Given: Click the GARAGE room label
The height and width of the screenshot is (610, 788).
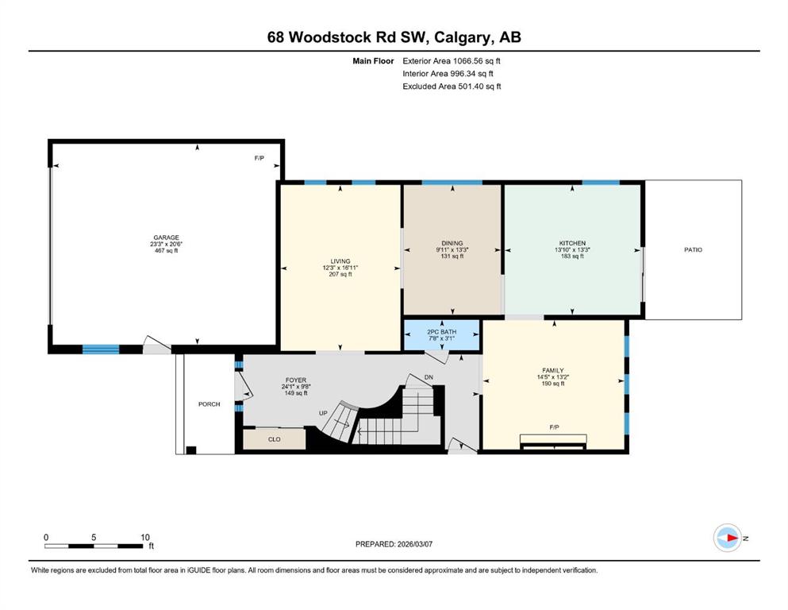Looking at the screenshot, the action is (167, 237).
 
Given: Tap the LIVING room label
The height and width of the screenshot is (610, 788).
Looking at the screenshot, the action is (340, 261).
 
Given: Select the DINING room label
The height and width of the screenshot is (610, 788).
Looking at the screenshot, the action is (452, 243).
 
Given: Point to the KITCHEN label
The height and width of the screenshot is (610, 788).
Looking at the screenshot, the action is (572, 243).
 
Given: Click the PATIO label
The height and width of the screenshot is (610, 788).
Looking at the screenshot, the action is (693, 249).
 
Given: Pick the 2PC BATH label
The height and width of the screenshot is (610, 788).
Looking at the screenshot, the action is (442, 332).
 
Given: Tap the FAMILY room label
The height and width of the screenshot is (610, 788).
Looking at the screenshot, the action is (553, 370).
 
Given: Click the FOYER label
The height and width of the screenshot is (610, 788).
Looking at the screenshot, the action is (296, 380).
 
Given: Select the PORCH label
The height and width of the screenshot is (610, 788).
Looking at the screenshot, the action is (209, 403).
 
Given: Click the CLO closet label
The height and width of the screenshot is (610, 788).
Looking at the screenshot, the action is (274, 439).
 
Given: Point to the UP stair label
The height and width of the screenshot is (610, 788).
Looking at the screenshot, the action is (323, 413).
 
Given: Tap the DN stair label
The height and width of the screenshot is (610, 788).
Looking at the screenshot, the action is (429, 377).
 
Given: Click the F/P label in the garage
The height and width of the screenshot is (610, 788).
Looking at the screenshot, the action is (259, 158).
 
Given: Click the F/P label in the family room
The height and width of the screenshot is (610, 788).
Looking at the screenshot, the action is (555, 427).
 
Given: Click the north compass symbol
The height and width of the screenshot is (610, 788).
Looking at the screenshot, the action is (728, 538).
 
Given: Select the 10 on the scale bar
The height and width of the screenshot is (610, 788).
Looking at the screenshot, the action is (144, 537).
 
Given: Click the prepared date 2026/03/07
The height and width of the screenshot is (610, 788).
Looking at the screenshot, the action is (414, 544).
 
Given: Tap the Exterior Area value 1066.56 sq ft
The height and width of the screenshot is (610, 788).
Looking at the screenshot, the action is (476, 61).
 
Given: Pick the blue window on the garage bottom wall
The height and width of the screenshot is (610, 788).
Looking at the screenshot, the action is (101, 349).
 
